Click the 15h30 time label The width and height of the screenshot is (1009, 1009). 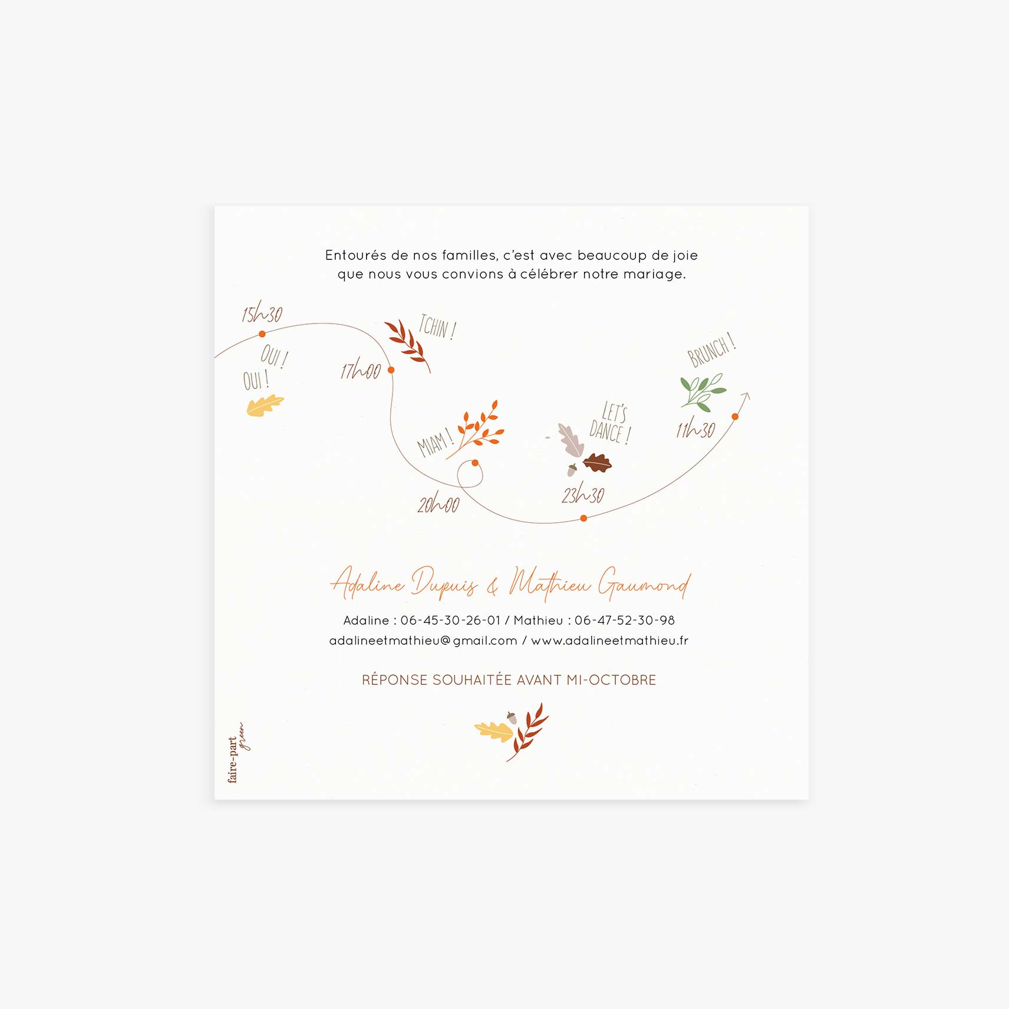tap(262, 312)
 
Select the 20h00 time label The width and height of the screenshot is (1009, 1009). tap(438, 503)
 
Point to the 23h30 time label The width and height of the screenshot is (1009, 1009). tap(583, 493)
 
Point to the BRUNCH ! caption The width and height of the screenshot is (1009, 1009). tap(711, 350)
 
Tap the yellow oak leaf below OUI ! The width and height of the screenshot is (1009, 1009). tap(265, 406)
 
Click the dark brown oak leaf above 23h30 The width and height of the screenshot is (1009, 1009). tap(598, 463)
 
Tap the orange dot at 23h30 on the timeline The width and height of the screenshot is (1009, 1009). tap(583, 518)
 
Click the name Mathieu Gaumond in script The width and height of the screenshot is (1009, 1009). tap(599, 583)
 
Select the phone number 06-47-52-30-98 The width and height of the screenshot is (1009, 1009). tap(625, 620)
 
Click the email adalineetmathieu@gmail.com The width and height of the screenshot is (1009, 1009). tap(423, 641)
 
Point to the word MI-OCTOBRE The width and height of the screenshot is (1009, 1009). tap(611, 680)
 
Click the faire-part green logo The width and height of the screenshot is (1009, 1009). tap(238, 753)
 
